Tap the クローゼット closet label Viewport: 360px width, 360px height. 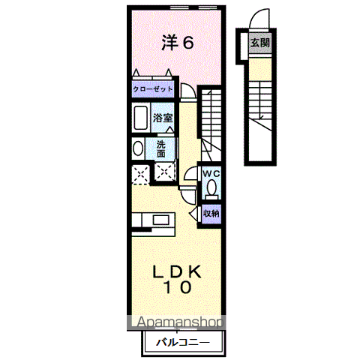(153, 89)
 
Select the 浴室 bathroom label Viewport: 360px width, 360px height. (163, 117)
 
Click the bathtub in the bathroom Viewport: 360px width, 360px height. (140, 118)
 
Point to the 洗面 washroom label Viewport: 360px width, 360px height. (163, 148)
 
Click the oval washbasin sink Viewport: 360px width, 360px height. (137, 148)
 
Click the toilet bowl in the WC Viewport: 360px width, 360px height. (211, 187)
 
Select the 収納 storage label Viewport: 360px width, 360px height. (211, 213)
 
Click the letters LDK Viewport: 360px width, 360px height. (178, 270)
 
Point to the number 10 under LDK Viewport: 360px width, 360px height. (178, 286)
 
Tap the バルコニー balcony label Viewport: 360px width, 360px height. (183, 343)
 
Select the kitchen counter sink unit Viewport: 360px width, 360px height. (154, 220)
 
